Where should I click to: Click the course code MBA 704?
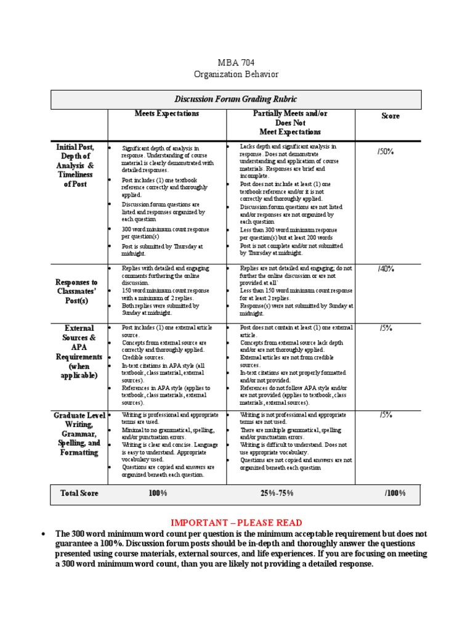click(x=236, y=63)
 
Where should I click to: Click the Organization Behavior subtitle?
click(x=236, y=75)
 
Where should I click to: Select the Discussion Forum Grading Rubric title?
click(x=236, y=99)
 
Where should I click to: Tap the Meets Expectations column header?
click(x=167, y=114)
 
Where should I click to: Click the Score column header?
click(x=390, y=116)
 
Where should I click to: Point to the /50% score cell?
click(x=386, y=151)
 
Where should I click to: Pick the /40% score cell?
click(x=386, y=269)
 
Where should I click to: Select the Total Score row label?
click(x=79, y=494)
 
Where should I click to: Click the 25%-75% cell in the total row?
click(x=277, y=494)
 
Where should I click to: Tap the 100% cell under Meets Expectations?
click(x=158, y=494)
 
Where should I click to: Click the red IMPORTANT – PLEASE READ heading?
click(x=236, y=523)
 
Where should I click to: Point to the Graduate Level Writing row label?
click(x=79, y=434)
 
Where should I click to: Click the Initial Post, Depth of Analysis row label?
click(x=76, y=165)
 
